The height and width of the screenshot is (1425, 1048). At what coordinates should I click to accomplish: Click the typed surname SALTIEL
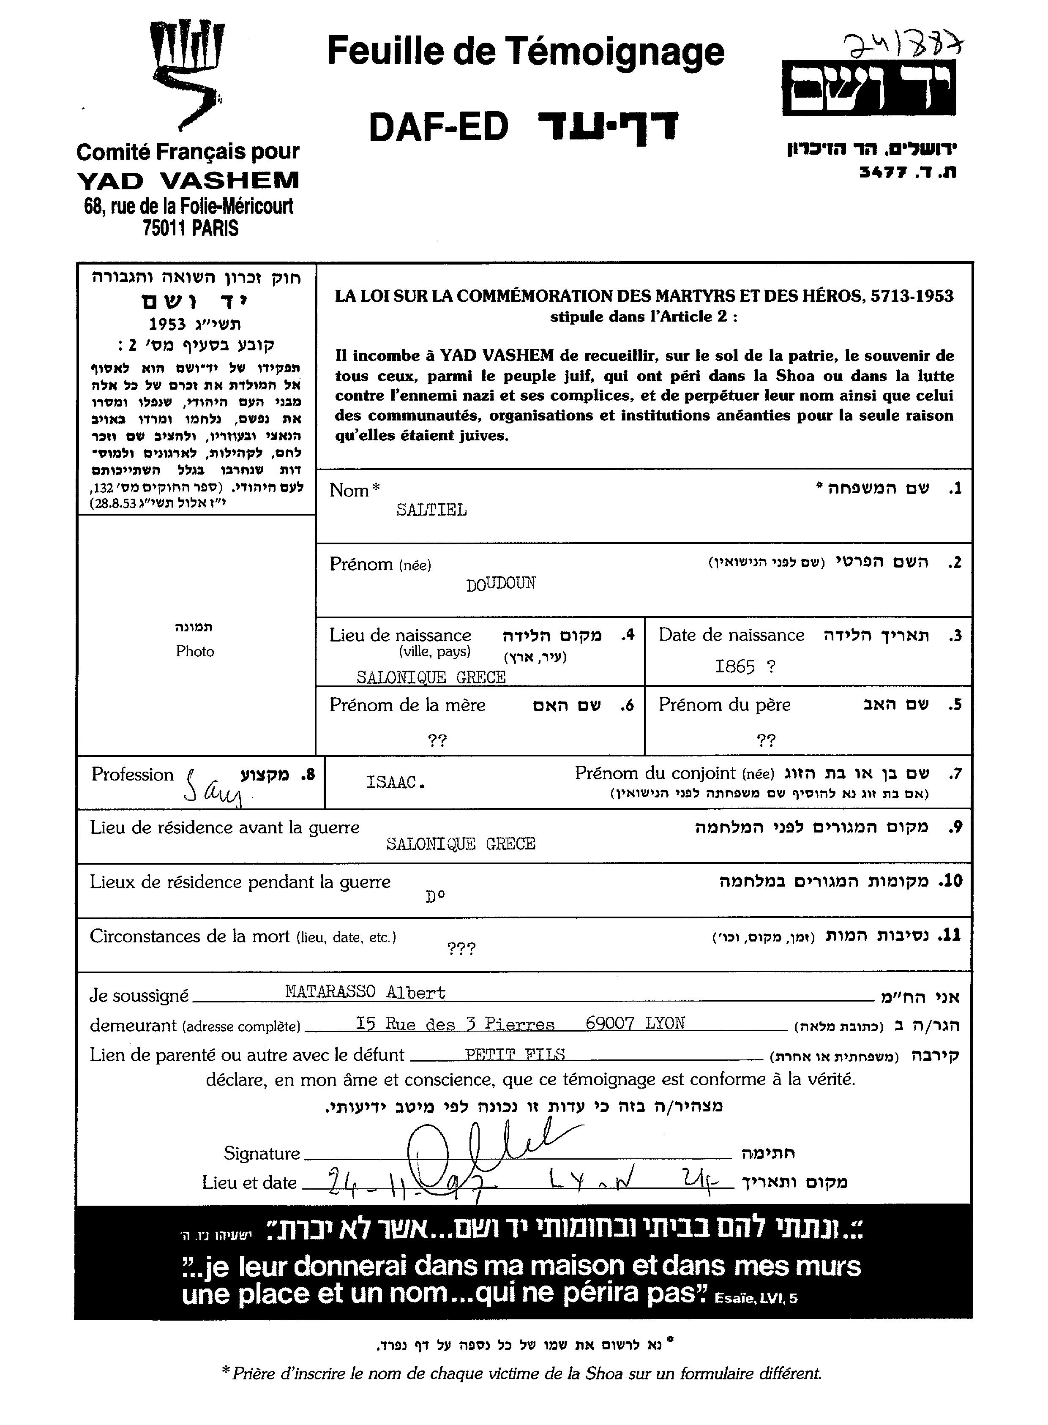pos(431,510)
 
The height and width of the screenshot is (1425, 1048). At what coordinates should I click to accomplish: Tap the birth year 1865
pos(734,667)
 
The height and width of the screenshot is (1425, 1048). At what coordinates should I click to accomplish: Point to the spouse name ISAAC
pos(395,782)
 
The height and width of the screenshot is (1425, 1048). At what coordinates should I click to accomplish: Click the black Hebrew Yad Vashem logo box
pos(869,88)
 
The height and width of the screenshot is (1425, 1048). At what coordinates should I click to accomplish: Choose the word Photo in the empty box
pos(195,652)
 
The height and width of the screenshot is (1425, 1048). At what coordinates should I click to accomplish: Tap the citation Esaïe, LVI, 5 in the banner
pos(756,1299)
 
